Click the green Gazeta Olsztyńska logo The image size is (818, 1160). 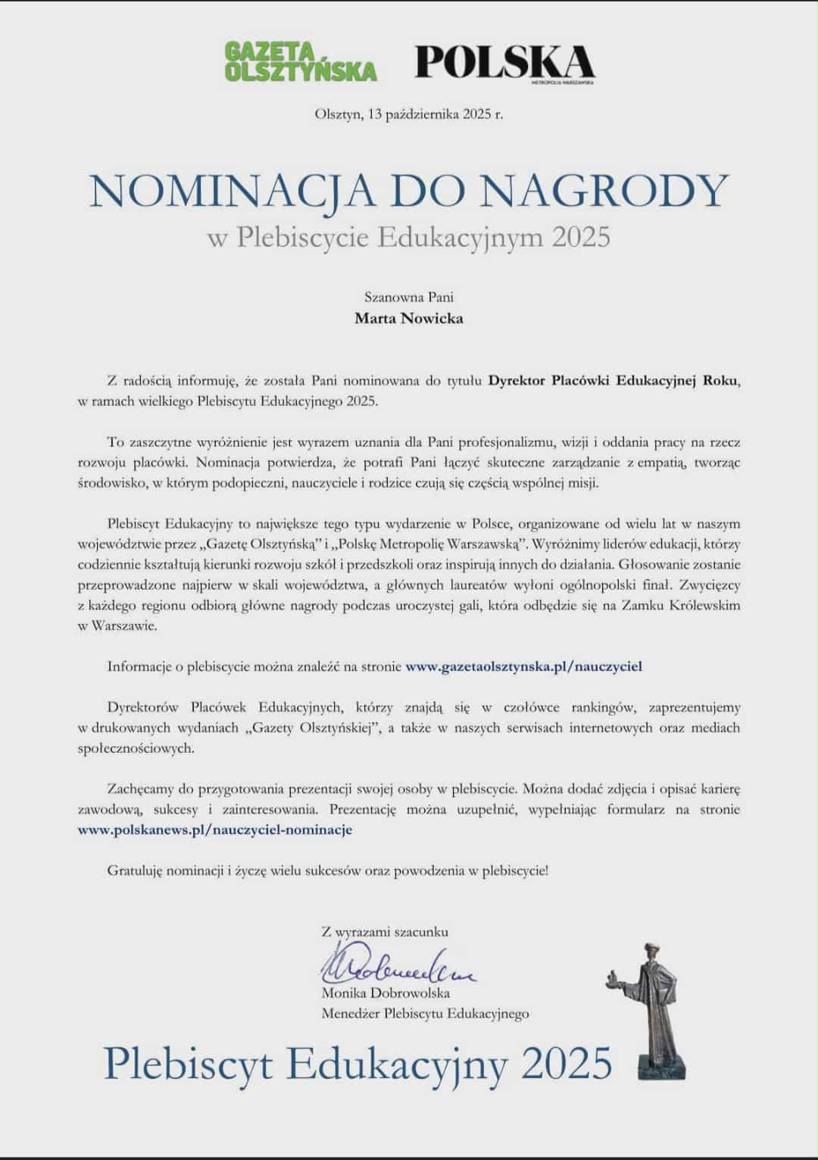[x=300, y=61]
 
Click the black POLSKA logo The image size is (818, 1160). [x=504, y=62]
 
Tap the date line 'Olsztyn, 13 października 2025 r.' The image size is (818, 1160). [x=408, y=115]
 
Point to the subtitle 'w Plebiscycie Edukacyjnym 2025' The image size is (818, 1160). [x=408, y=237]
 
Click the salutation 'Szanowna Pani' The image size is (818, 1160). [x=408, y=297]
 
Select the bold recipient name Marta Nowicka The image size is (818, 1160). [x=408, y=318]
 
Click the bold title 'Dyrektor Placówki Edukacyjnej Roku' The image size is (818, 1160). [x=613, y=381]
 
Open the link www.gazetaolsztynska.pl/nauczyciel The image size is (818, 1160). [x=523, y=667]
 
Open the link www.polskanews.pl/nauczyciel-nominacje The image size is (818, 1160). [x=215, y=830]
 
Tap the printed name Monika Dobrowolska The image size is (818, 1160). [x=386, y=993]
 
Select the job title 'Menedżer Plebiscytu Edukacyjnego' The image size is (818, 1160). [x=425, y=1013]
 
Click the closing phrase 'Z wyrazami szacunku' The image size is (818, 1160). [x=385, y=932]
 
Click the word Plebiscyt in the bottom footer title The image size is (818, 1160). [x=189, y=1063]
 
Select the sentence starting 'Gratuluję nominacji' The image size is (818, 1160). [x=327, y=871]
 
